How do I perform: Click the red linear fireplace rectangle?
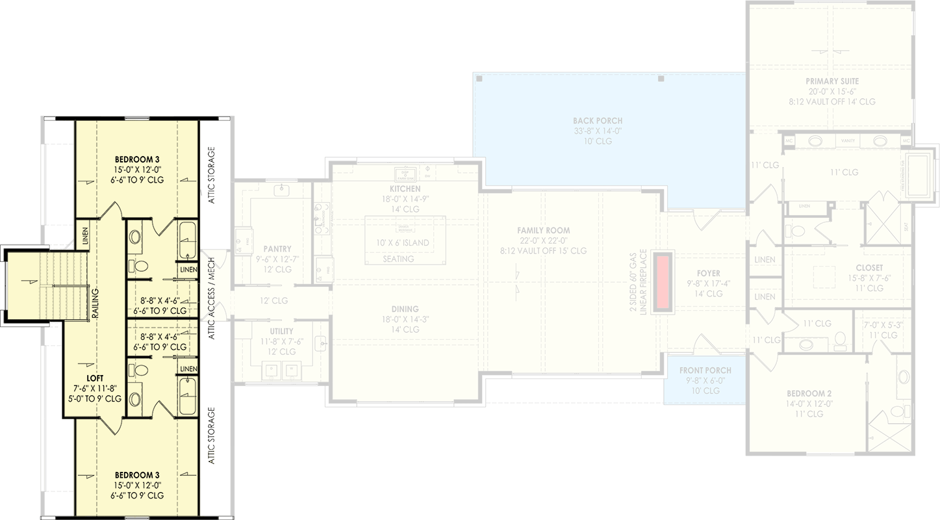click(663, 281)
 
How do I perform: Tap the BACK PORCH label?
click(598, 121)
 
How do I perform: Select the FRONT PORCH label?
click(705, 370)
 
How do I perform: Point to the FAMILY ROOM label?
click(543, 231)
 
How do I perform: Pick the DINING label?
click(405, 309)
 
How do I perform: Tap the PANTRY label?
click(277, 249)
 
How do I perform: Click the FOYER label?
click(707, 274)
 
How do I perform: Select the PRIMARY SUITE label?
click(832, 81)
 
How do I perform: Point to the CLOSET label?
click(869, 268)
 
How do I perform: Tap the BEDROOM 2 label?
click(809, 393)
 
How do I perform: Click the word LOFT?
click(95, 378)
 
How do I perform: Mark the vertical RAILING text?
click(95, 302)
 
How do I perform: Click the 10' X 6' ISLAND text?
click(403, 243)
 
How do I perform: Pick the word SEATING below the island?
click(398, 259)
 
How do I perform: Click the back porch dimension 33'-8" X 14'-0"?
click(598, 131)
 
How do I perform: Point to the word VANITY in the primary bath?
click(847, 140)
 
